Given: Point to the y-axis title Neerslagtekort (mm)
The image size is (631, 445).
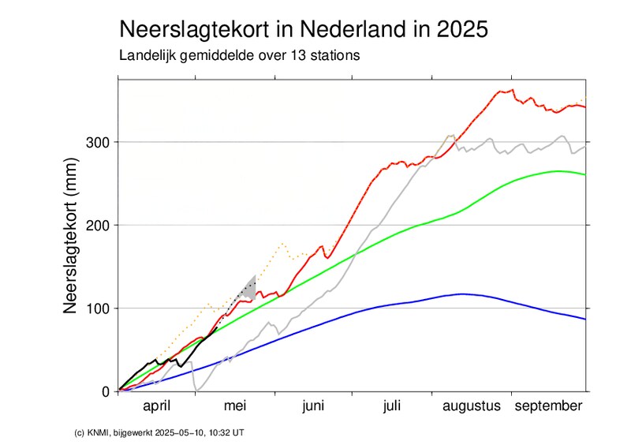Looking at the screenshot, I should coord(70,234).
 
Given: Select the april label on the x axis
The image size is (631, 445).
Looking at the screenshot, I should coord(157,406).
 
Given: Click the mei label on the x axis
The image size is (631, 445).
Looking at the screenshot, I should coord(236,406).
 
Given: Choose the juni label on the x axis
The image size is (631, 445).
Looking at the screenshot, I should coord(313,406).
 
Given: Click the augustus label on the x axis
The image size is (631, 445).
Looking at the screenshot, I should coord(471,406).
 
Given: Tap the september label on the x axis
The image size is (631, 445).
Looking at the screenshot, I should coord(549,406).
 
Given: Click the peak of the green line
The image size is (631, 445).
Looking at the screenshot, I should coord(558,171).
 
